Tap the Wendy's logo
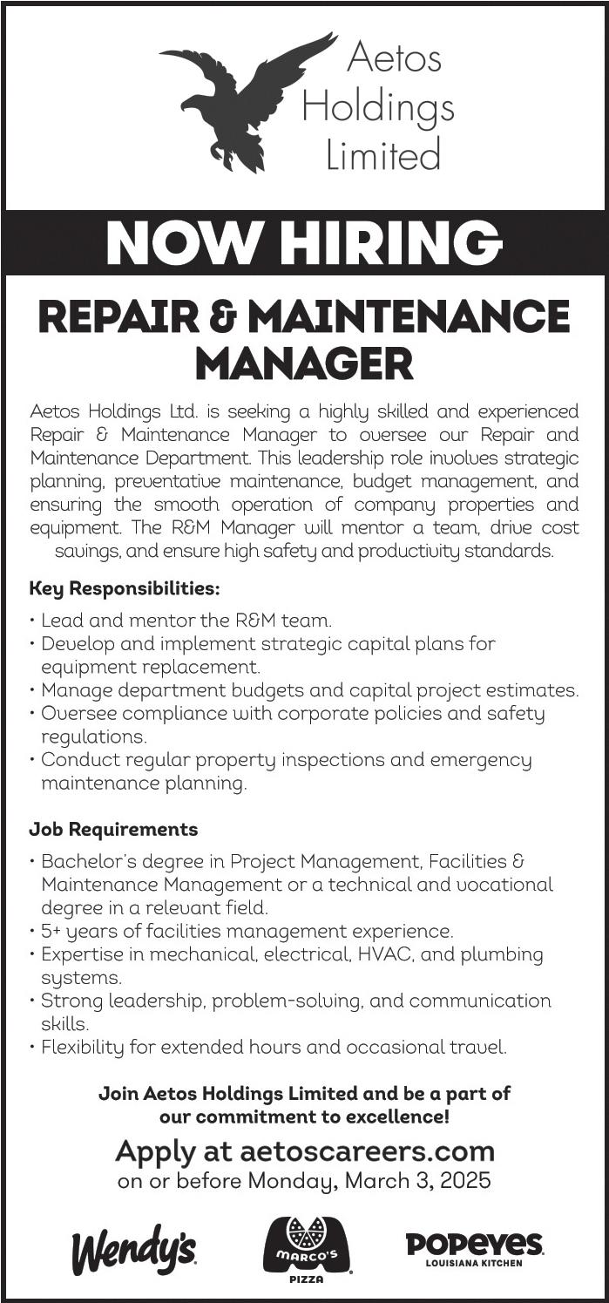coord(133,1252)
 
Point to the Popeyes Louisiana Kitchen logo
coord(475,1248)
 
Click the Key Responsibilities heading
coord(125,588)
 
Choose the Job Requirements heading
coord(113,829)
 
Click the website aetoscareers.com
coord(367,1151)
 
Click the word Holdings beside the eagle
coord(377,107)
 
